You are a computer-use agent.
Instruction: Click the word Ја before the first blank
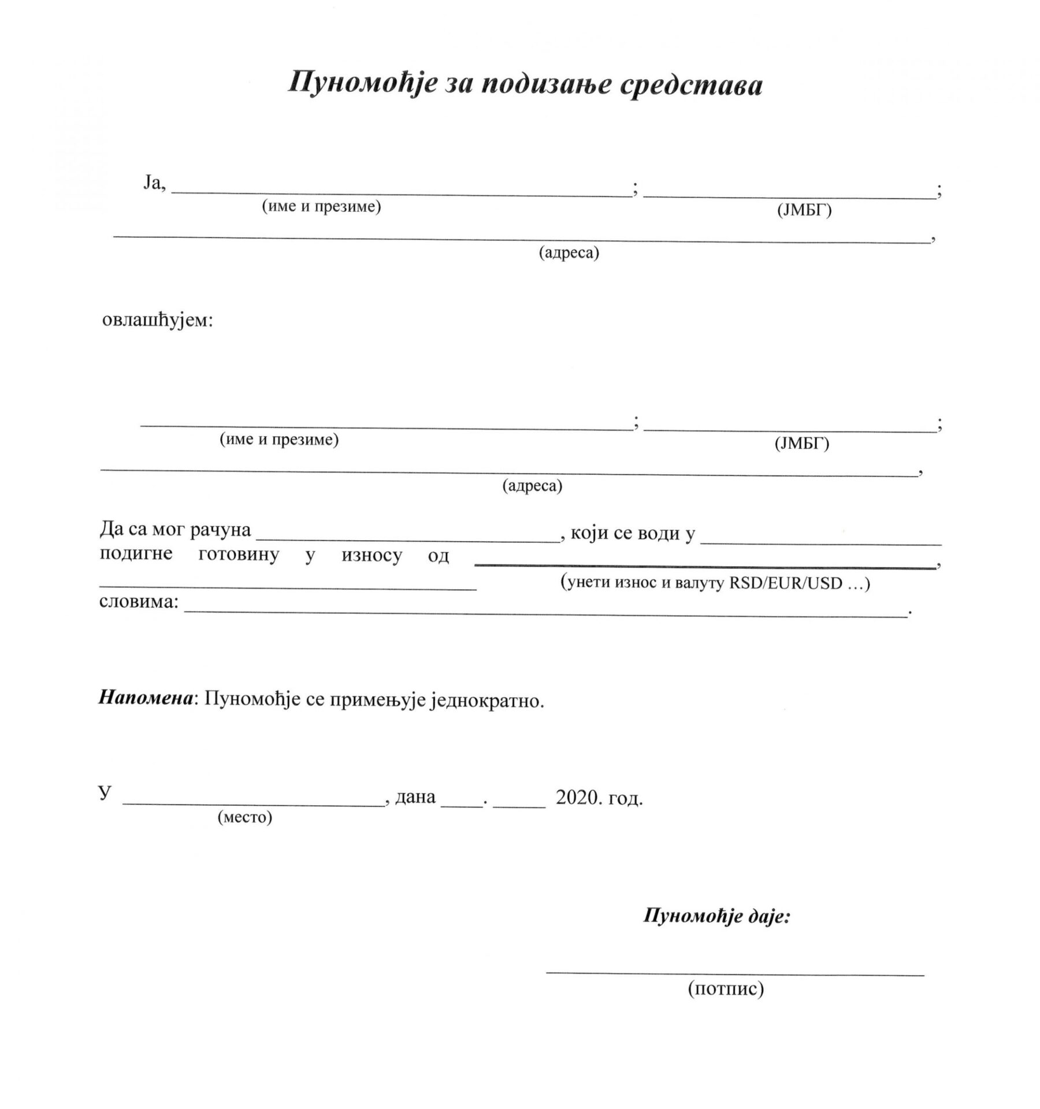coord(154,184)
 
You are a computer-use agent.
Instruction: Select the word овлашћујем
coord(157,319)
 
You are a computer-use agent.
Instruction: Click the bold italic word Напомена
coord(145,698)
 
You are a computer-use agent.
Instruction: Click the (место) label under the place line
coord(245,817)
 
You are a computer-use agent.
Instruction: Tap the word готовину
coord(239,554)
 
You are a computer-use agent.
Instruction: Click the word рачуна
coord(220,530)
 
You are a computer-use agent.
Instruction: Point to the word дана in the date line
coord(415,798)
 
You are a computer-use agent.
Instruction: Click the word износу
coord(372,556)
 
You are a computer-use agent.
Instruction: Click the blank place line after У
coord(254,803)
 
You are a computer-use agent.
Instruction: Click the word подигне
coord(136,554)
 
